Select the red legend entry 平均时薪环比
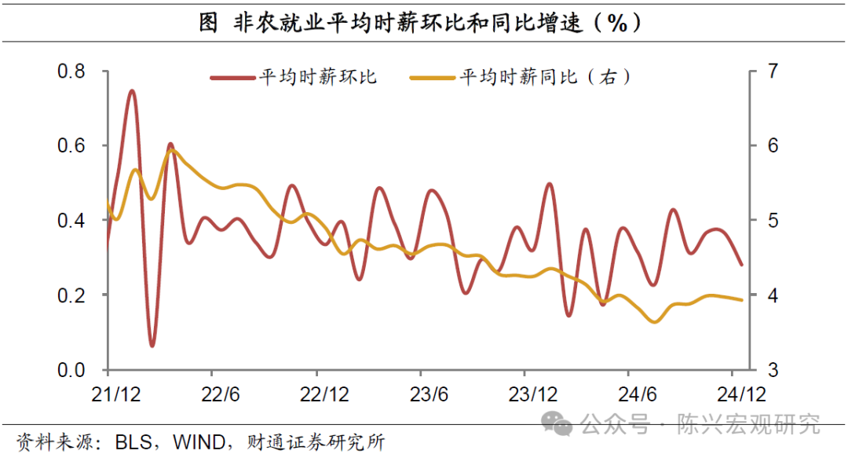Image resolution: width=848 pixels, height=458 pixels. (x=318, y=77)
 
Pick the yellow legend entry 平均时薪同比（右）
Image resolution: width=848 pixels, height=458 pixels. (x=546, y=77)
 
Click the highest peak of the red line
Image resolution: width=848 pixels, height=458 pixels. (x=132, y=91)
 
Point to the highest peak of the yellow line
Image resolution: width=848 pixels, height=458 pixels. (x=173, y=150)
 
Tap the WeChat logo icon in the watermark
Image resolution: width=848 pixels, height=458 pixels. (x=561, y=425)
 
